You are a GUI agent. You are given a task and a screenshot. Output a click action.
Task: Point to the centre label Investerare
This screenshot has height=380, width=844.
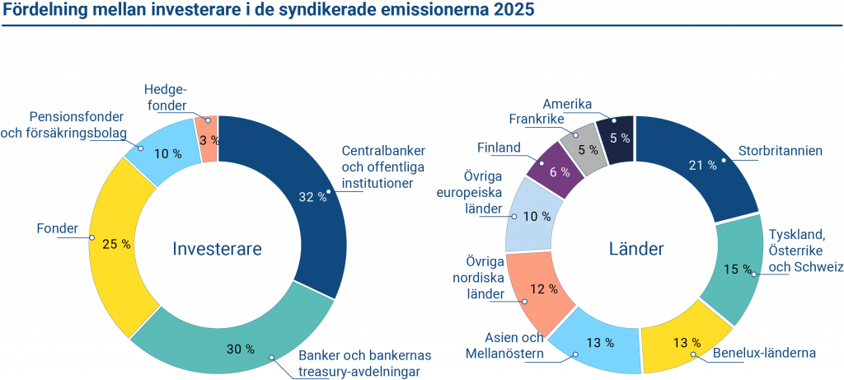[x=217, y=248]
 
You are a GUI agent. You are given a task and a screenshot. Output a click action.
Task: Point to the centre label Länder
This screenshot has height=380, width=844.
[x=635, y=248]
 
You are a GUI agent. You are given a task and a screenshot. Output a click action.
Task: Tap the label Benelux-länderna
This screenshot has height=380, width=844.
[x=763, y=352]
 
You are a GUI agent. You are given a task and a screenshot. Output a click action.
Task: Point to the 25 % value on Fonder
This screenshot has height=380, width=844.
[x=115, y=244]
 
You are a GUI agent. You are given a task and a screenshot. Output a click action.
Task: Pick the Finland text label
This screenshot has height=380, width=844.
[x=499, y=148]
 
